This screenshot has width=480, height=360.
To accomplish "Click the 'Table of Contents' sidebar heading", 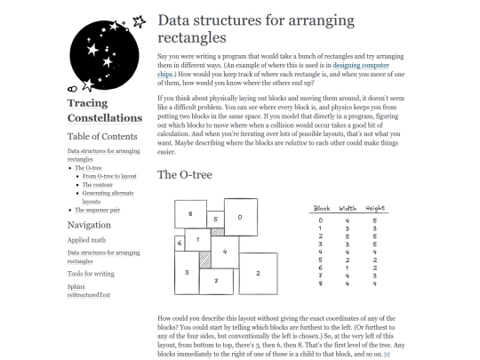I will pyautogui.click(x=103, y=137).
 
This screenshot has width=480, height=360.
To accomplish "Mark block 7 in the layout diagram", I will pyautogui.click(x=216, y=281).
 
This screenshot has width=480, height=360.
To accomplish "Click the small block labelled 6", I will pyautogui.click(x=179, y=242).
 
